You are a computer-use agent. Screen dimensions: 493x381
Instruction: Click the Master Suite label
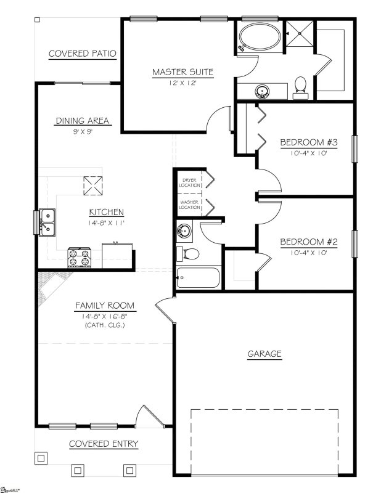pos(182,72)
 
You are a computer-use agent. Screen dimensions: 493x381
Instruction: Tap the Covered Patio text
pos(83,54)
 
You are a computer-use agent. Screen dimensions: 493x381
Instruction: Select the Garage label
pos(264,354)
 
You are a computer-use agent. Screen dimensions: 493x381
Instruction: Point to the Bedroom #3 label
pos(309,143)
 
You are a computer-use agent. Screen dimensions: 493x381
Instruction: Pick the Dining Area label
pos(83,121)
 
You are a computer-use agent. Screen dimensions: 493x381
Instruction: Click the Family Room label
pos(105,306)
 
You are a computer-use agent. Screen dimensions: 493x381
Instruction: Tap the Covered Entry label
pos(103,444)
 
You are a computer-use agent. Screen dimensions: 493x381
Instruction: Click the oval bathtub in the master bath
pos(259,38)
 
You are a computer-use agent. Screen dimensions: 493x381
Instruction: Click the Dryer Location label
pos(190,182)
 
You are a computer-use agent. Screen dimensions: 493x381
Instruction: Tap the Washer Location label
pos(190,205)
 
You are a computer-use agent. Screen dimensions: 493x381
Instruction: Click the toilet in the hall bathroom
pos(187,253)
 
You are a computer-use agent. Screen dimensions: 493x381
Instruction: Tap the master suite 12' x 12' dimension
pos(182,83)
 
